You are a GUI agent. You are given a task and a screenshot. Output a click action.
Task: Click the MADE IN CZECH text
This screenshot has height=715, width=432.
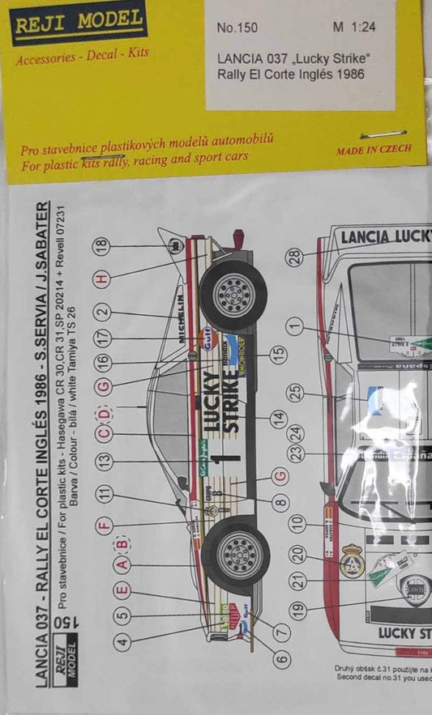pyautogui.click(x=374, y=149)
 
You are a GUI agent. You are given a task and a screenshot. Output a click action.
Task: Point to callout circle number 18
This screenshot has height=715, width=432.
pyautogui.click(x=101, y=248)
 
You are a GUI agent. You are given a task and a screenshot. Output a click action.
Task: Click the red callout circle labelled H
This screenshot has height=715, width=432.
pyautogui.click(x=101, y=279)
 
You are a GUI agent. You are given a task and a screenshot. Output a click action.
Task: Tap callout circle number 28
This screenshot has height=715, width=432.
pyautogui.click(x=297, y=257)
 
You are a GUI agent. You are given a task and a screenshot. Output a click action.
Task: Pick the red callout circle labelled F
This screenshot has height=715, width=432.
pyautogui.click(x=103, y=522)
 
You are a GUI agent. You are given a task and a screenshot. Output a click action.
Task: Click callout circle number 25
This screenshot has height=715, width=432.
pyautogui.click(x=297, y=393)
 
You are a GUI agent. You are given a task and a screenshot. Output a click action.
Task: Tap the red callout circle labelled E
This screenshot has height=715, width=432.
pyautogui.click(x=122, y=592)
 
